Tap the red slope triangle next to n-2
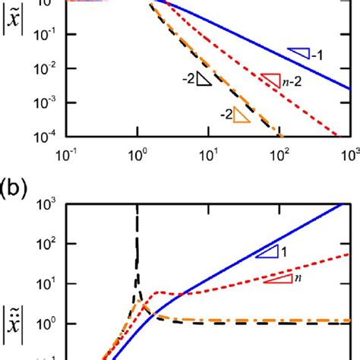coord(270,78)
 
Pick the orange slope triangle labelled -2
coord(242,115)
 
